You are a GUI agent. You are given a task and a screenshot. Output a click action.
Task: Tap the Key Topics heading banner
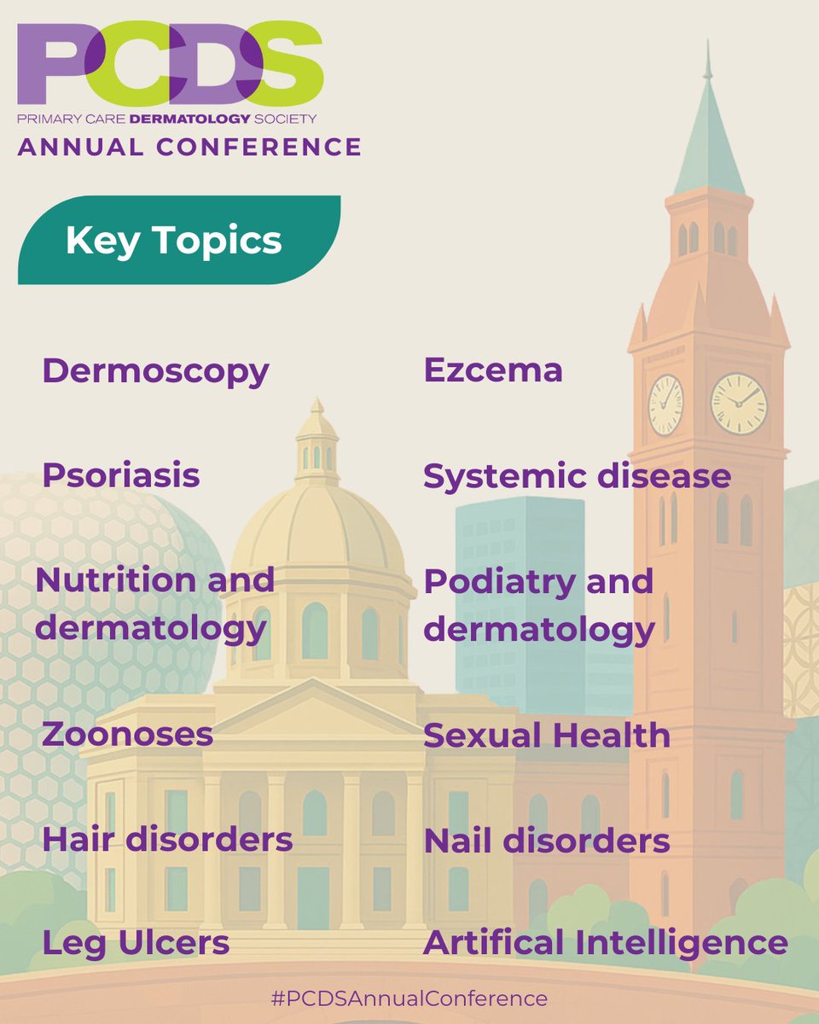[x=174, y=241]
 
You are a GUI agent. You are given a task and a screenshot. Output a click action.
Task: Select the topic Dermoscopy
[x=155, y=371]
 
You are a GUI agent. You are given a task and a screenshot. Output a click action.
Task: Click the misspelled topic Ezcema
[x=493, y=370]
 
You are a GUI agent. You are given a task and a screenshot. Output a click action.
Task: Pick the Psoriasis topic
[x=121, y=475]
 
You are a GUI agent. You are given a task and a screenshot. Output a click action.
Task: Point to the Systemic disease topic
[x=577, y=476]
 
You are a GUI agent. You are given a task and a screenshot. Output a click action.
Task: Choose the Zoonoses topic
[x=128, y=734]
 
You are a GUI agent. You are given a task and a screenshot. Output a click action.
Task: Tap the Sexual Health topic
[x=547, y=736]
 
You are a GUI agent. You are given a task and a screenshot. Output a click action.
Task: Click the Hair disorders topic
[x=167, y=840]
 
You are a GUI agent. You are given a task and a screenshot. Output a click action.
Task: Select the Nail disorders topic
[x=547, y=841]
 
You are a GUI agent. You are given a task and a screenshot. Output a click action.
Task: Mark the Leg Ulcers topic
[x=136, y=943]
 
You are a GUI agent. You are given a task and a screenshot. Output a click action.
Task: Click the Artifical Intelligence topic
[x=605, y=943]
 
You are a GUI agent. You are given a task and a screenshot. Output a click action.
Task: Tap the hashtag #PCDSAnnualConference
[x=409, y=998]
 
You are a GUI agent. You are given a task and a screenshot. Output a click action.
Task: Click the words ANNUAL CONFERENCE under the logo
[x=189, y=147]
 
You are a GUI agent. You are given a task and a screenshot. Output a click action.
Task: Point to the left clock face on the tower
[x=665, y=404]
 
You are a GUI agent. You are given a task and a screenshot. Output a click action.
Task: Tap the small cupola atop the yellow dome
[x=317, y=444]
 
